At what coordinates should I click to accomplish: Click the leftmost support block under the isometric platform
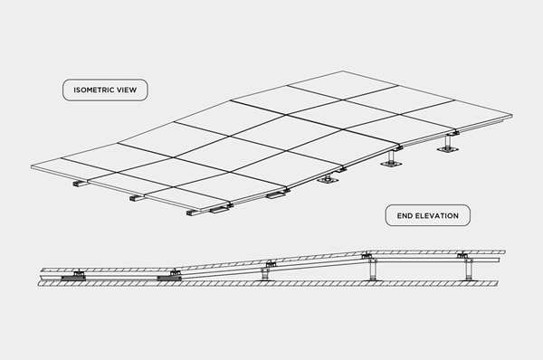click(81, 184)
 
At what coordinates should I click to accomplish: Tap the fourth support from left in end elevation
click(369, 268)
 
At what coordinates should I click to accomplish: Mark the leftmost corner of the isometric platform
click(30, 166)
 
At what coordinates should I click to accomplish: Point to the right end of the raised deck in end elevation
click(502, 253)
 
